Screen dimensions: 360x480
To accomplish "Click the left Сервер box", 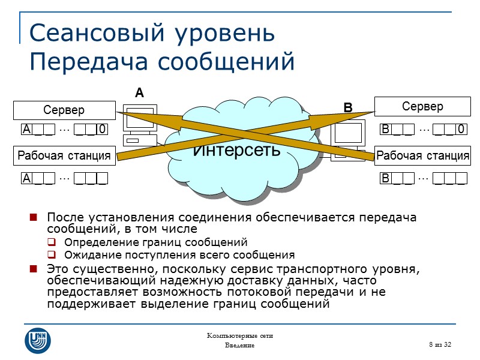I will [64, 110].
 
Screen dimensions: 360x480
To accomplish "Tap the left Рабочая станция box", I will [64, 156].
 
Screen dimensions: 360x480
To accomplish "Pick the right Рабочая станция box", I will [422, 156].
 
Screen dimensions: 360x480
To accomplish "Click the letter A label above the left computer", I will [140, 94].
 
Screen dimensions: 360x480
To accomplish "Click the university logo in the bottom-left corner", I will [37, 340].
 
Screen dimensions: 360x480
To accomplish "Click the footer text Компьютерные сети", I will [240, 335].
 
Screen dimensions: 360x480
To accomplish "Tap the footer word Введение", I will [240, 346].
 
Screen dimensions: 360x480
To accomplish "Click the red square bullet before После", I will [34, 217].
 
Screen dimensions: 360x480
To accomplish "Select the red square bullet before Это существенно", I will [34, 268].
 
